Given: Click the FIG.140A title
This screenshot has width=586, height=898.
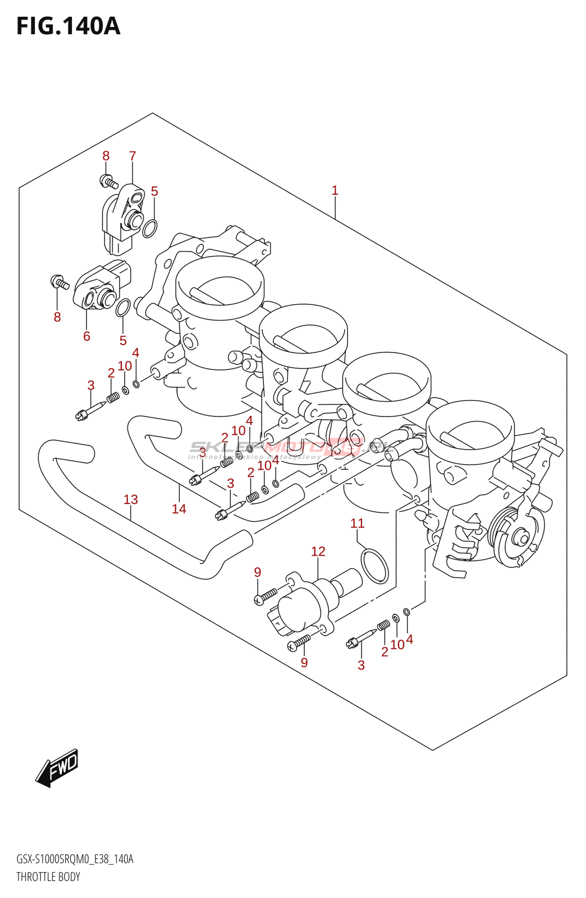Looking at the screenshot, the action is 68,26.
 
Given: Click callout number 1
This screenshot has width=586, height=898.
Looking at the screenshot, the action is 335,191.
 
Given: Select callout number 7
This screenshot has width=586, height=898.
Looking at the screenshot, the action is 132,156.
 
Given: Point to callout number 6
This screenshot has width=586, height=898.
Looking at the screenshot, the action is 86,336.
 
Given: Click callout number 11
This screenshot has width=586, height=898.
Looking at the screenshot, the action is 358,524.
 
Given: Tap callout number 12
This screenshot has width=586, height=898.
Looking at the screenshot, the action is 318,552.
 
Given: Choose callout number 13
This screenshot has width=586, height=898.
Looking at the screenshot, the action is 131,500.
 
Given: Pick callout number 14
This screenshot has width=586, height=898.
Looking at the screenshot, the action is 179,509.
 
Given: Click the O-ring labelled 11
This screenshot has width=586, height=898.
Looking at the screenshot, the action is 374,566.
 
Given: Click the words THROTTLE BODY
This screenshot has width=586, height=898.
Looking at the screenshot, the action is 48,877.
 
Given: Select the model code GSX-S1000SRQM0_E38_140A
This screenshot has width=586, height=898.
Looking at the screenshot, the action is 75,859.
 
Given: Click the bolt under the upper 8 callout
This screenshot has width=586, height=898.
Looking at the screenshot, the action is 109,181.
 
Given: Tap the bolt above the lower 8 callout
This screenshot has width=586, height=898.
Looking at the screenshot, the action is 59,282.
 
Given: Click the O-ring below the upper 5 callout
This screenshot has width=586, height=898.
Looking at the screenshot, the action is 149,228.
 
